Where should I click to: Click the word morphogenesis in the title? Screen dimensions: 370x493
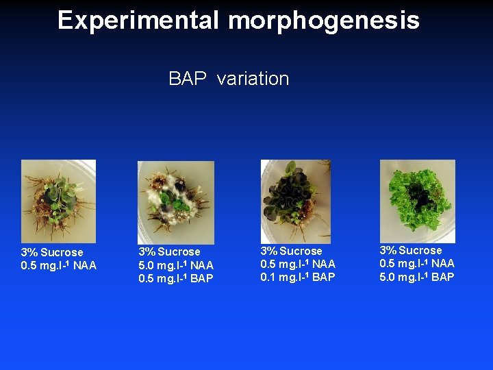click(324, 21)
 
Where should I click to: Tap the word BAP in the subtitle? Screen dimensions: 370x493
click(188, 79)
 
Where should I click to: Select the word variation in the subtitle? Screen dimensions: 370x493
click(253, 79)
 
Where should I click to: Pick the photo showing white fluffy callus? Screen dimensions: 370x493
click(175, 201)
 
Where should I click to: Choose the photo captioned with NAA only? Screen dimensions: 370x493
click(58, 200)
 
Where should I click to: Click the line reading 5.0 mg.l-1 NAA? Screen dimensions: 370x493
click(176, 265)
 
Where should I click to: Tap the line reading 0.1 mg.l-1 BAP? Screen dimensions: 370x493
click(298, 277)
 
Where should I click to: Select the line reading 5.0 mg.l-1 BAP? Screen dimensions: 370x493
click(417, 277)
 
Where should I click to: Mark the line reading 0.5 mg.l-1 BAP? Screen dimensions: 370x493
click(176, 278)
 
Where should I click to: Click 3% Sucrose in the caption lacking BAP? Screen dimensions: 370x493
click(52, 252)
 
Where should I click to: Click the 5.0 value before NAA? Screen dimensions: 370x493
click(147, 265)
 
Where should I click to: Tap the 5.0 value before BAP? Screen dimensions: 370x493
click(388, 277)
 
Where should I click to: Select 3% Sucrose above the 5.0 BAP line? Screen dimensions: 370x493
click(411, 250)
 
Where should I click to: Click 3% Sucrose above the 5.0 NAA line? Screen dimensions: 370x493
click(169, 251)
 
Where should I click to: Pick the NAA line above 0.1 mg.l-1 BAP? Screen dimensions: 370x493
click(298, 264)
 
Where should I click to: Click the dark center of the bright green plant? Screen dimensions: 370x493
click(420, 198)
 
